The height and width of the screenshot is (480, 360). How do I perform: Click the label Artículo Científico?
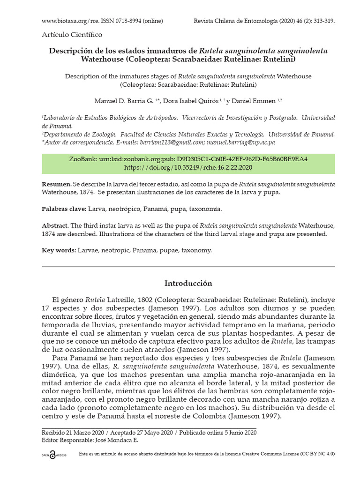click(x=72, y=35)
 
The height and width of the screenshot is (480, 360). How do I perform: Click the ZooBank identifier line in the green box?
click(x=188, y=159)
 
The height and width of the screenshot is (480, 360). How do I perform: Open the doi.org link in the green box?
click(x=188, y=167)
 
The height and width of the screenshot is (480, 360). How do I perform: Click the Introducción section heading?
click(x=188, y=283)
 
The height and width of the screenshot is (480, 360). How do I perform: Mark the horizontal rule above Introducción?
click(x=188, y=266)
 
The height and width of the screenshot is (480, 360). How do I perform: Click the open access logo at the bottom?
click(x=54, y=454)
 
